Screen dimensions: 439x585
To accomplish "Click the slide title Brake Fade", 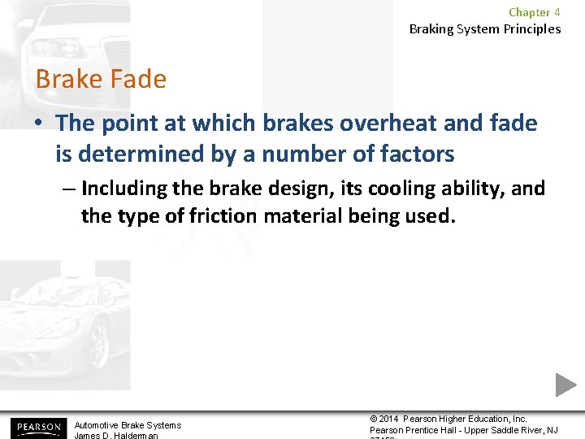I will click(101, 80).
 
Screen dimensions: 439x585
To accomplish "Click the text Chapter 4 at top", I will click(534, 12).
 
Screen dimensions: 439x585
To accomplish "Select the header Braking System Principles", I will click(484, 29).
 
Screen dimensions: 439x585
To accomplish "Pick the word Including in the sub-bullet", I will click(127, 189).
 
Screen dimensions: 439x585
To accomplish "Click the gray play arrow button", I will click(565, 385).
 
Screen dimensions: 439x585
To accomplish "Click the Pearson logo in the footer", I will click(37, 427).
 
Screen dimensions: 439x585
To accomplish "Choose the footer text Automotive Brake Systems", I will click(128, 425).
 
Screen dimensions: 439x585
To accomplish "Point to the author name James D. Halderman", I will click(117, 436).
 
